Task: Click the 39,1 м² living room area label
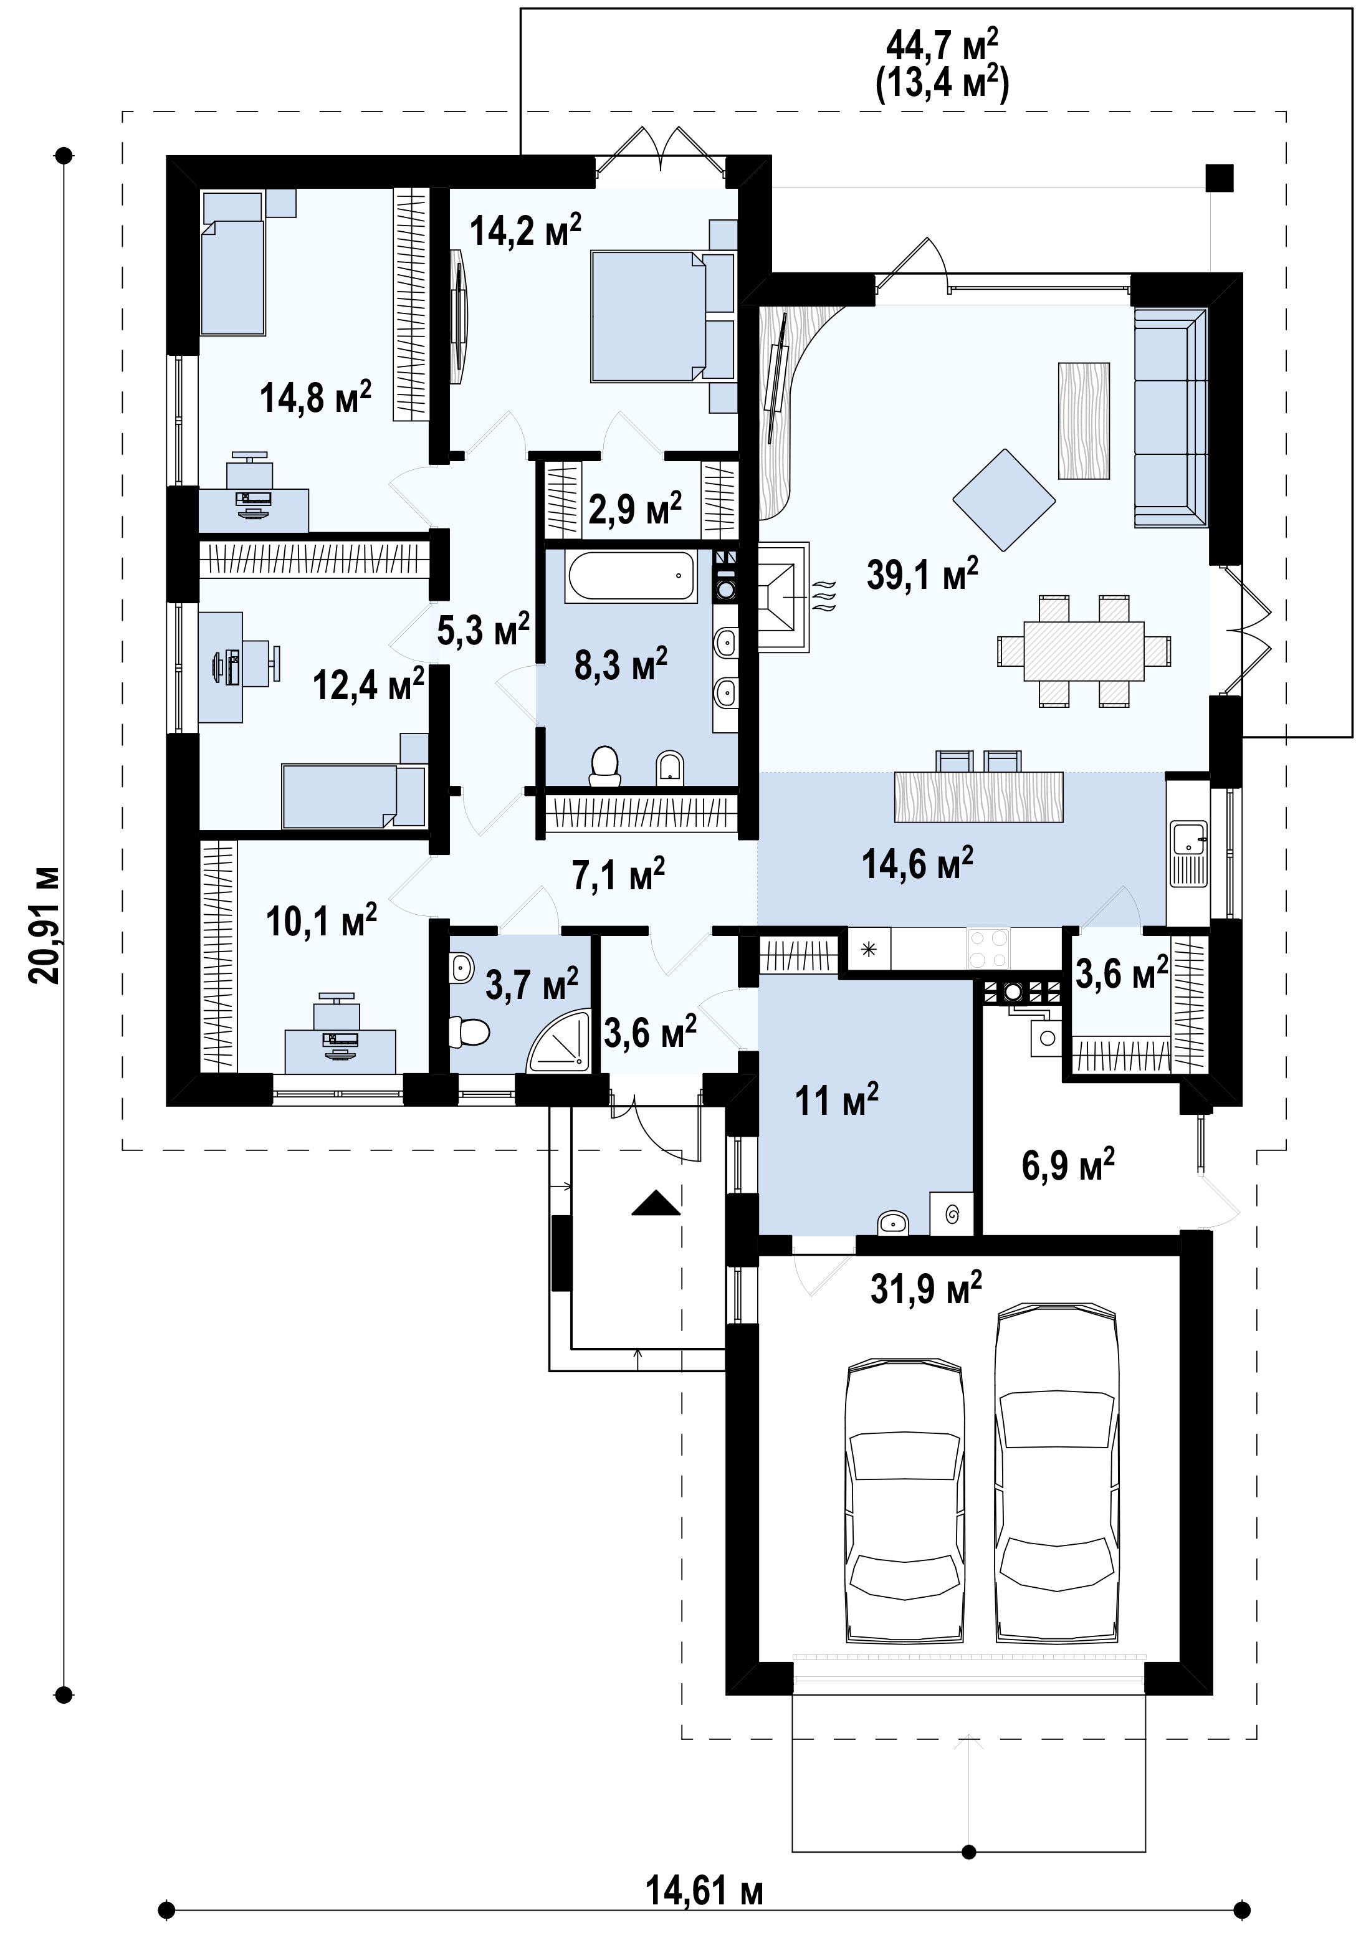point(922,574)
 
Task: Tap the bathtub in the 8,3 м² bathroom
point(631,576)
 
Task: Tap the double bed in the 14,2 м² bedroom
point(649,315)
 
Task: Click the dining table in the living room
point(1084,651)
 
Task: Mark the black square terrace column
point(1219,177)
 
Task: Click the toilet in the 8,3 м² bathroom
point(605,765)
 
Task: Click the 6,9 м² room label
point(1067,1165)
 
